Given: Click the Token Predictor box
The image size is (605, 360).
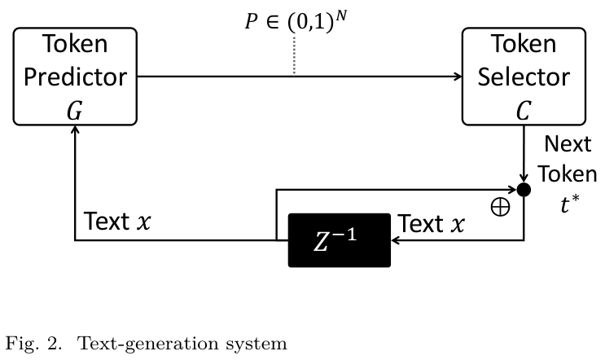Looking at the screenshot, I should (x=74, y=77).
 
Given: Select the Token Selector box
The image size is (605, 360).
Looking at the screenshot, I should (x=523, y=77).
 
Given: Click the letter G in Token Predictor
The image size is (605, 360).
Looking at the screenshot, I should (x=74, y=112).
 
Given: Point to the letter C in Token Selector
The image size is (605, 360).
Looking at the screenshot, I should (x=523, y=112).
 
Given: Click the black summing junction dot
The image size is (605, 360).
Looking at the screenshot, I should (x=524, y=190).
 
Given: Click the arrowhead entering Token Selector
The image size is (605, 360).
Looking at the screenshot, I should (x=457, y=77).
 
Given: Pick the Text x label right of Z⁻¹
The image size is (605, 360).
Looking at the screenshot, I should (x=432, y=223).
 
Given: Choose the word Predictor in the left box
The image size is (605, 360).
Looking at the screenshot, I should (x=74, y=77).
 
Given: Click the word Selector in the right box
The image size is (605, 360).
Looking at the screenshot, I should (x=523, y=77).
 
